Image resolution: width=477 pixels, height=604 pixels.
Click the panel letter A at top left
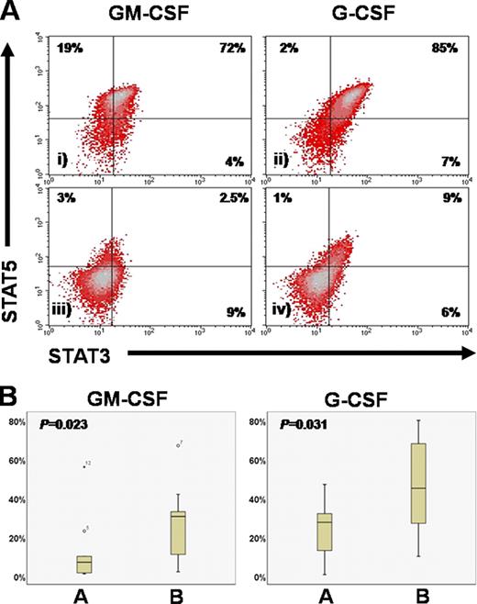tap(12, 11)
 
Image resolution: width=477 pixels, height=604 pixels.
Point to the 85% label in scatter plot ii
tap(432, 46)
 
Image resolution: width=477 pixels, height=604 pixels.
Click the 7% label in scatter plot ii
tap(436, 162)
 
